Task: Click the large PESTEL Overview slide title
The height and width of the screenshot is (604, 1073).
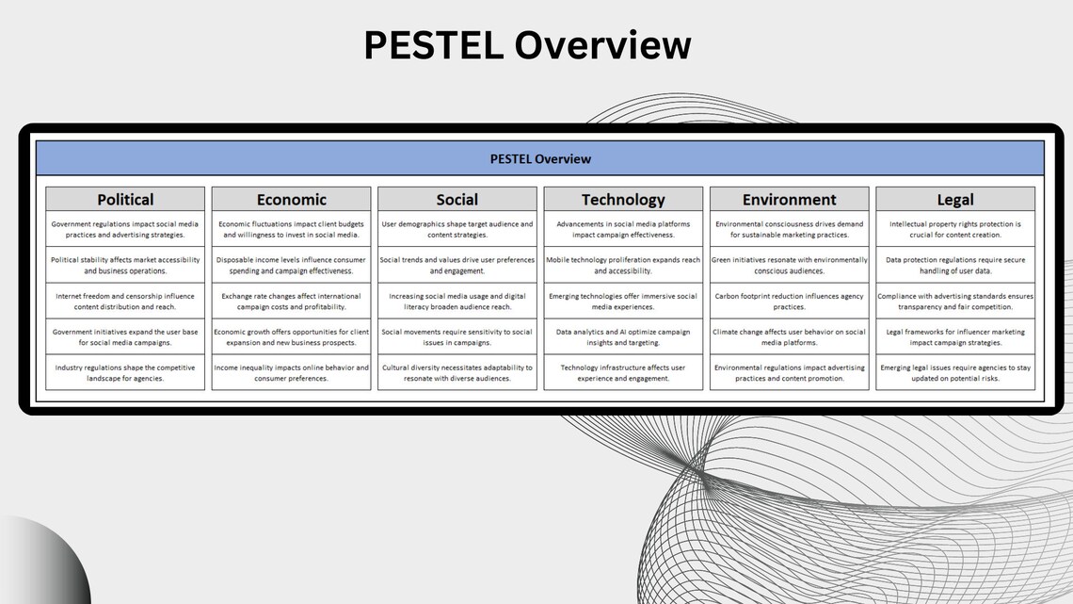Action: click(527, 45)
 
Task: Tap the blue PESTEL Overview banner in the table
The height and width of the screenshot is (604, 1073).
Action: click(540, 158)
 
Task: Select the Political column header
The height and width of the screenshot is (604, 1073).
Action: click(125, 199)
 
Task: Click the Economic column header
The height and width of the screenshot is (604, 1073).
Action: click(292, 199)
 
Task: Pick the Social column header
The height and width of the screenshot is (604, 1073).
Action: click(457, 199)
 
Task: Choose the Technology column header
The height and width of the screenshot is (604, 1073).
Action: click(623, 199)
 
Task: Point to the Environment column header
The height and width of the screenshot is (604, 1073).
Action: click(789, 199)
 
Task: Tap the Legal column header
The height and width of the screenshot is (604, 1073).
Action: click(955, 199)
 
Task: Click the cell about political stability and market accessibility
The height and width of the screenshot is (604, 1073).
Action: click(125, 265)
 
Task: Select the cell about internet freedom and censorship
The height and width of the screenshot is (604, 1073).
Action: click(125, 301)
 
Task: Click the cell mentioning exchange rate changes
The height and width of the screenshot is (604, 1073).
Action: click(292, 301)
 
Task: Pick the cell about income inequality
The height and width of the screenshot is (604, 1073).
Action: click(292, 372)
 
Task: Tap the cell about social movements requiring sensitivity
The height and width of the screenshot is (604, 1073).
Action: click(457, 336)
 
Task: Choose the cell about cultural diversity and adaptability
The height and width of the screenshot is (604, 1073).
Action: click(457, 372)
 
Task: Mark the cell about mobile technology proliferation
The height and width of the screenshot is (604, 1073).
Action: click(623, 265)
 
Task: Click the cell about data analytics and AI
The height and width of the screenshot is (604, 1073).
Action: click(623, 336)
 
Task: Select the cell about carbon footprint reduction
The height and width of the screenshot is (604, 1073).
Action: click(789, 301)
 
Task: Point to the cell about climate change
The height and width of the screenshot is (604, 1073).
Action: click(789, 336)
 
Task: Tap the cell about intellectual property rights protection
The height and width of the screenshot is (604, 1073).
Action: click(955, 229)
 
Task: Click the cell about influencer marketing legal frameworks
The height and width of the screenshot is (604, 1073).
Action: click(955, 336)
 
